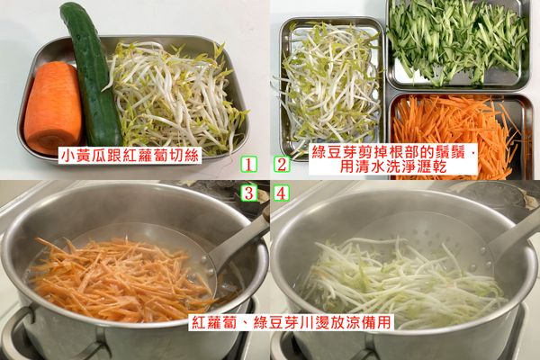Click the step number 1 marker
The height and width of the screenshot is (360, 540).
249,165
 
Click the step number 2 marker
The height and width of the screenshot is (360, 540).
281,165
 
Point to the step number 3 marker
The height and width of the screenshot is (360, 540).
249,193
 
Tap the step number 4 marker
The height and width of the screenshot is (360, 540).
281,193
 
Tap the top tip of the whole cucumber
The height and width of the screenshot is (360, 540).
70,11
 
